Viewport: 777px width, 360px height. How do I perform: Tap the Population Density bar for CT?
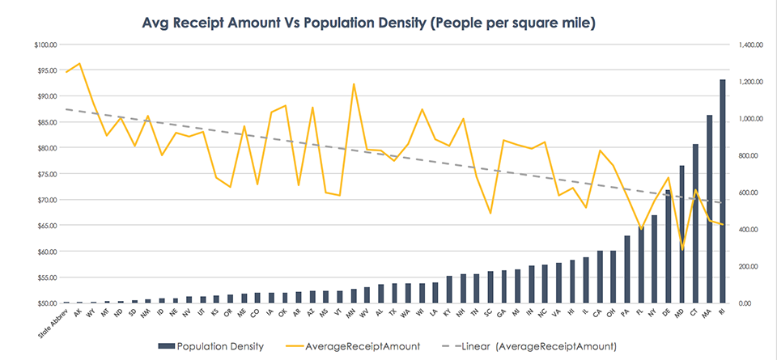(695, 223)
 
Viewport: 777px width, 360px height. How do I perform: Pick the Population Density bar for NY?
(654, 258)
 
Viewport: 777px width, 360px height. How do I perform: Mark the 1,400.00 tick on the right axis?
(745, 44)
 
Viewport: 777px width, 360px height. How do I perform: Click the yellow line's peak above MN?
(354, 83)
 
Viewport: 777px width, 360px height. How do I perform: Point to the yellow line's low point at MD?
(681, 249)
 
